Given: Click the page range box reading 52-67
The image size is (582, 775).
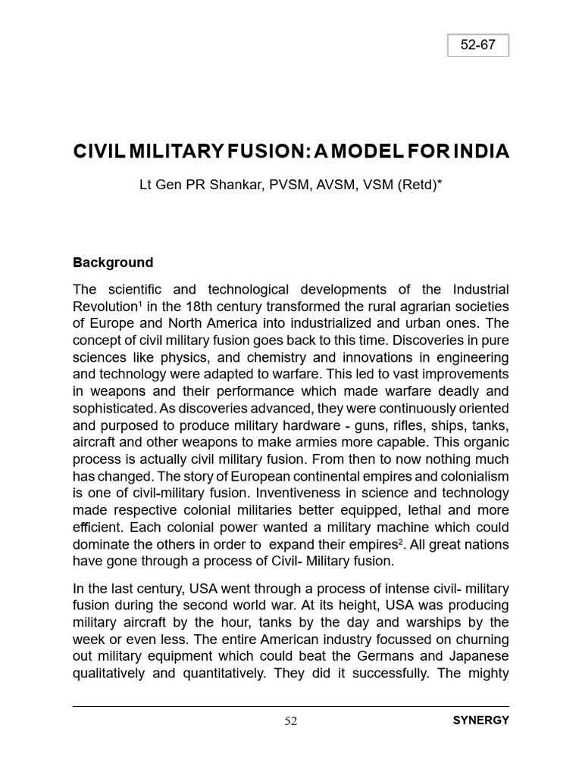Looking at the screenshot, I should [477, 45].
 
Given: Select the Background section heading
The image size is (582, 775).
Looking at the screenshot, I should [113, 263].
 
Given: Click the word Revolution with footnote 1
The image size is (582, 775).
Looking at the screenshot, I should [105, 307].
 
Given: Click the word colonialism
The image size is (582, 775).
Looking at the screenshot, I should [470, 476].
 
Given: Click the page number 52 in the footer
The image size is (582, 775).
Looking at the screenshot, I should [291, 721].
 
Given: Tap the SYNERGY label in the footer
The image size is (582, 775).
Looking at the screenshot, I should [480, 721].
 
